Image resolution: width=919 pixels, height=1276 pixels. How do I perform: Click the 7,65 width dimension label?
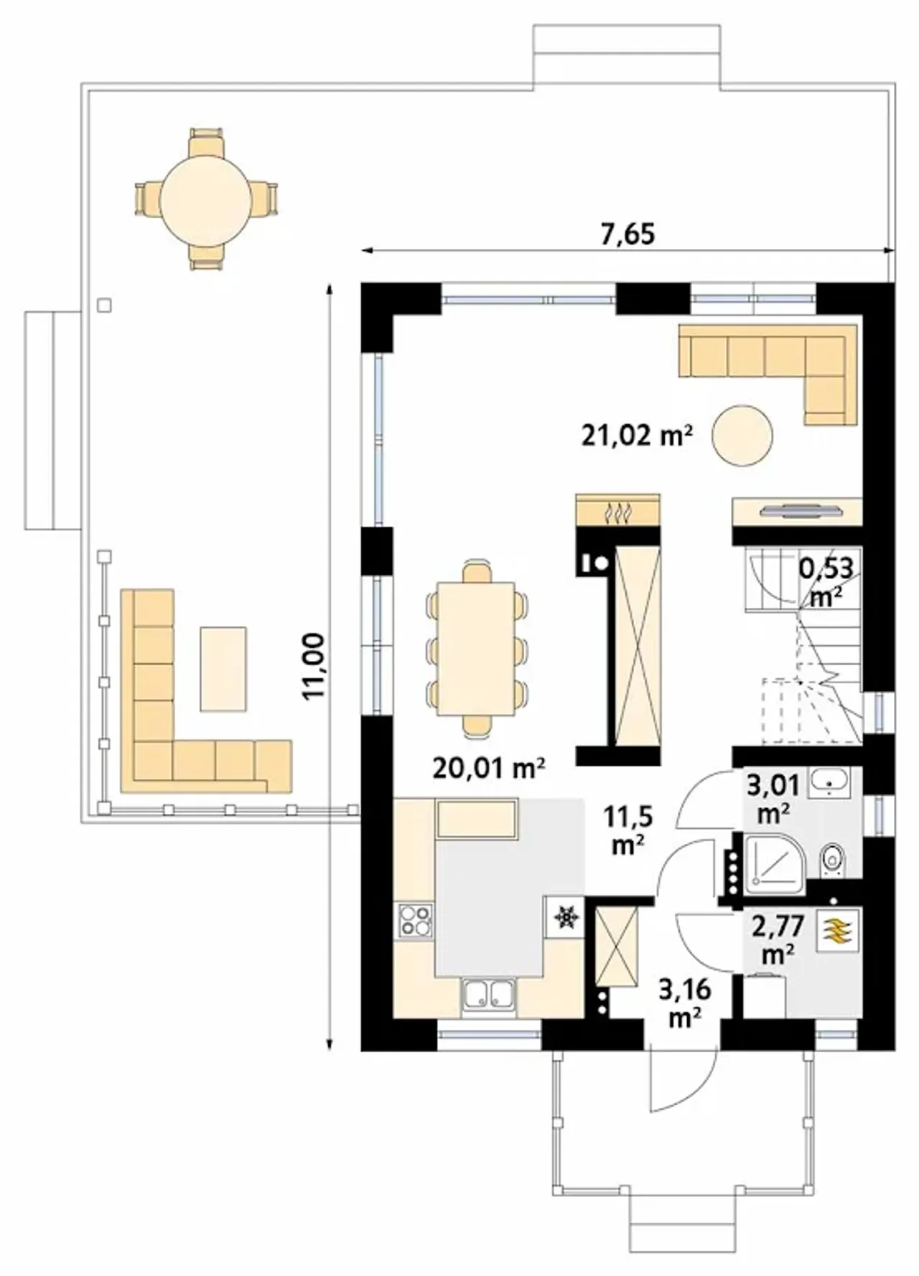point(628,234)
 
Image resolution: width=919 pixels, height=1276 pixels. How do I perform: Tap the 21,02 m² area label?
point(637,435)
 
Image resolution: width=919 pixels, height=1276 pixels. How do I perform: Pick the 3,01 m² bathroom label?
point(773,799)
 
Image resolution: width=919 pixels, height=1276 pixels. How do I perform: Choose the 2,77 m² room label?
point(778,939)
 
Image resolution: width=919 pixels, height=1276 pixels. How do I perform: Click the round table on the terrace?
point(205,199)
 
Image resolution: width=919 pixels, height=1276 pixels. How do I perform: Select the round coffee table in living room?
point(742,435)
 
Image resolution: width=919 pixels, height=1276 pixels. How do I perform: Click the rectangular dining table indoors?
point(476,649)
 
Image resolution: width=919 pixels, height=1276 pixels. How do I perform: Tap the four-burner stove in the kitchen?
point(416,921)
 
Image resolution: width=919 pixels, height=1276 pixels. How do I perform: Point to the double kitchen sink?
point(488,995)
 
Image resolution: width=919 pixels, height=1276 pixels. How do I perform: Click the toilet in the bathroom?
point(832,858)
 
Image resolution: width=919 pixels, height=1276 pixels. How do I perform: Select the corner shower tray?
point(775,864)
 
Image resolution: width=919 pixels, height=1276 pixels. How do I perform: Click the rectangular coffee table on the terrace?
point(223,669)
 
